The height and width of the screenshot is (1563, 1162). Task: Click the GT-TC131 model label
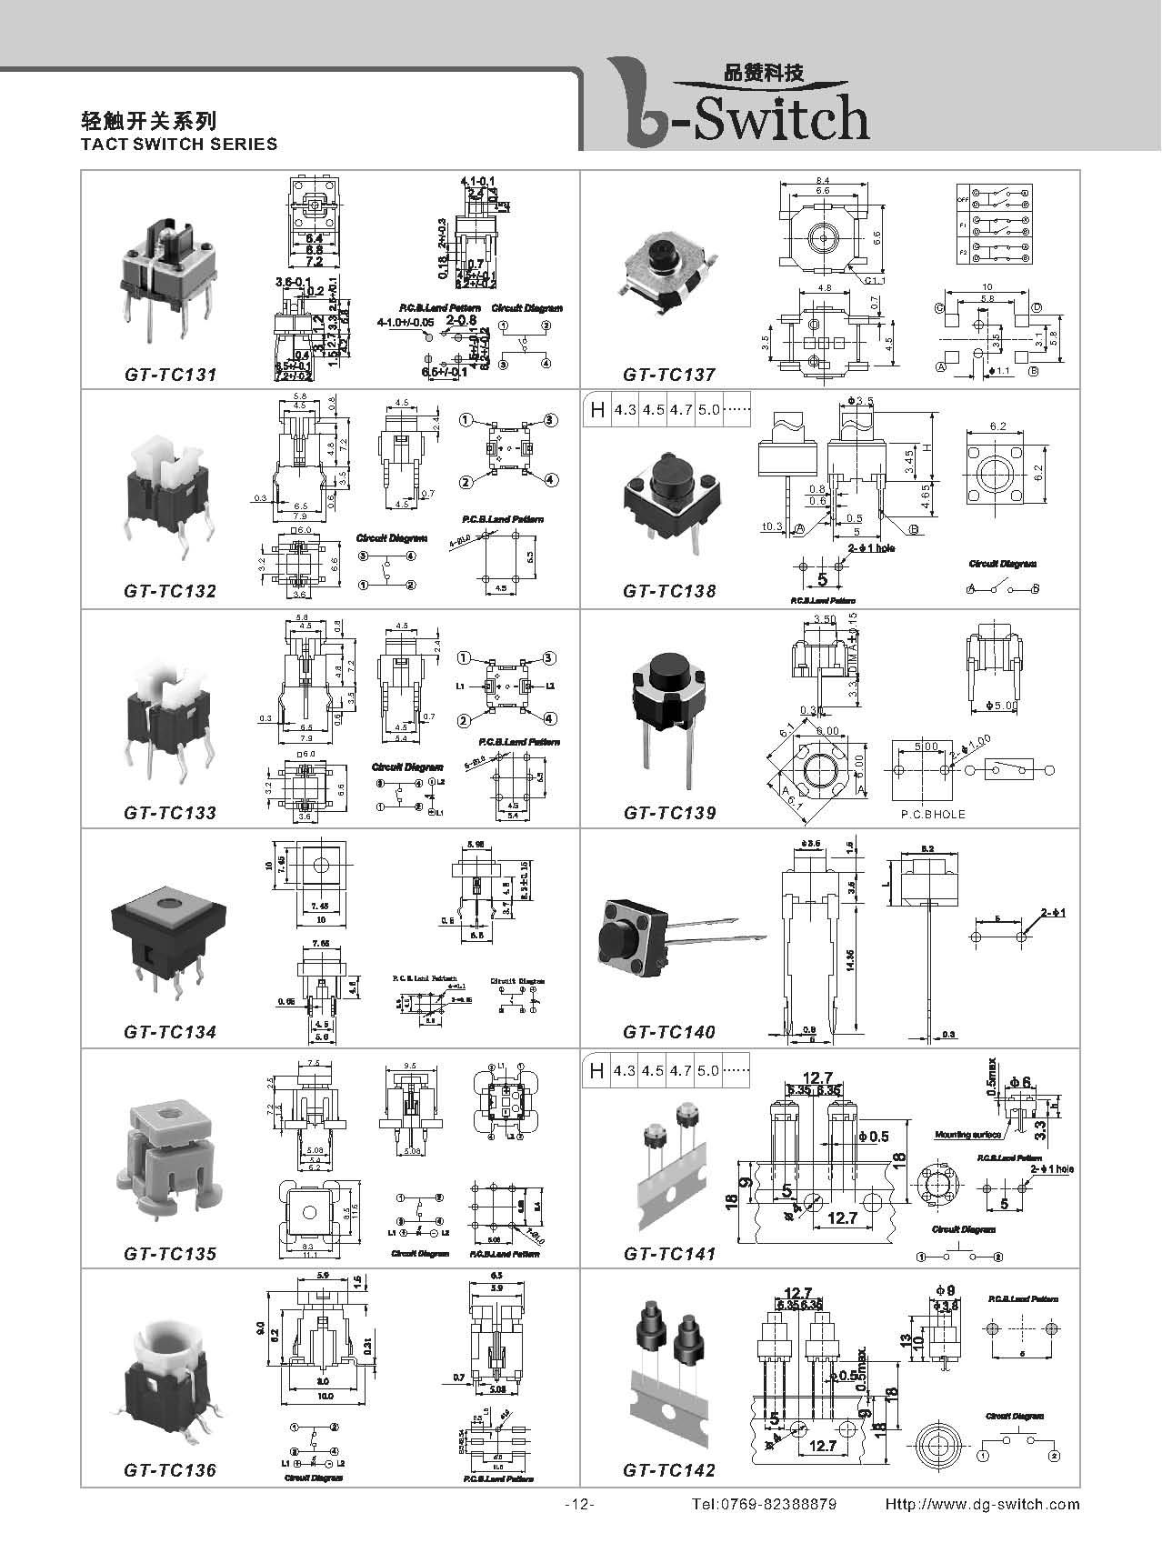[170, 374]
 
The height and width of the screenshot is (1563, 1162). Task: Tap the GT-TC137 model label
[669, 374]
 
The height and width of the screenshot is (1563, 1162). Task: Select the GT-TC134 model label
[170, 1032]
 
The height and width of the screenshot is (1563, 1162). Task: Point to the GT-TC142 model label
[669, 1470]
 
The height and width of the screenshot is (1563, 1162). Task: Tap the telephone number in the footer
[764, 1505]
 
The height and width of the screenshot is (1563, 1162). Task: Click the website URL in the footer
[982, 1505]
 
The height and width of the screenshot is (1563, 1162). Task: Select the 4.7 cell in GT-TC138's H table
[680, 410]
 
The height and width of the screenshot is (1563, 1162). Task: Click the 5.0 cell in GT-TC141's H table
[707, 1070]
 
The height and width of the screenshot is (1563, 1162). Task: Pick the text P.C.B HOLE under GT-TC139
[933, 814]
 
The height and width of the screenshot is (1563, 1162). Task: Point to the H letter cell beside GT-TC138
[597, 410]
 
